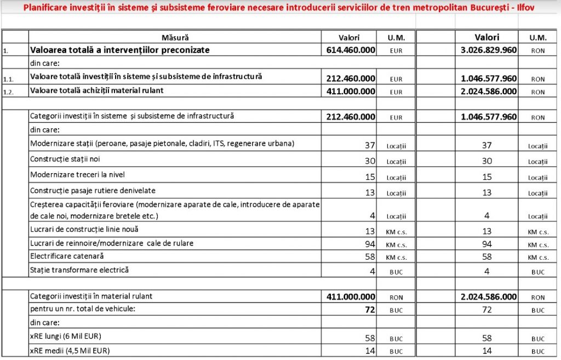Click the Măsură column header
175,38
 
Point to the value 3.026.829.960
489,50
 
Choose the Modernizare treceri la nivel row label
78,175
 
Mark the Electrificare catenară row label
67,256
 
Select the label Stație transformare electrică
76,270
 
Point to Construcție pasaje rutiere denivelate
93,191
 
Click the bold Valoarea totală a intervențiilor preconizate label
120,50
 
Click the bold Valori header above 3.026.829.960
487,37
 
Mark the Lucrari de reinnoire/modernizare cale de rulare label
112,243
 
